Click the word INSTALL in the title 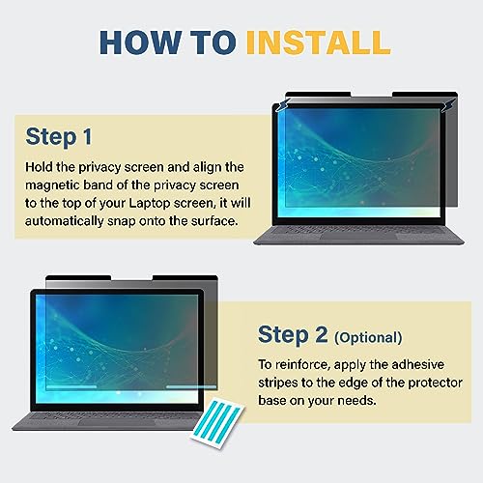point(318,43)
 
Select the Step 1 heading point(59,137)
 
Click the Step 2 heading point(293,335)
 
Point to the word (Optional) point(368,338)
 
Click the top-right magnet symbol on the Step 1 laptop point(447,105)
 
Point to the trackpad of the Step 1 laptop point(358,236)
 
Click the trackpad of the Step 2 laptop point(116,421)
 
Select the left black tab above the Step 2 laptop point(78,278)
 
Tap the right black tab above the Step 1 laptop point(425,94)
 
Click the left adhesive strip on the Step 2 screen point(71,386)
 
